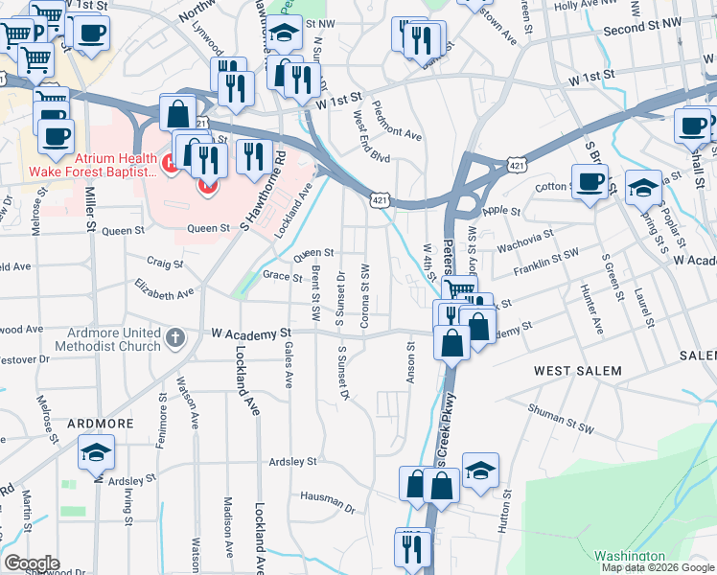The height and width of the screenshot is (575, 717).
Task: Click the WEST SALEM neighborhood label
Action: tap(577, 371)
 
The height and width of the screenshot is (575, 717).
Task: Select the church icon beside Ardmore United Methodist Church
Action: tap(174, 337)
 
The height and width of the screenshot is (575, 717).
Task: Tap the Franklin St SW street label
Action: tap(546, 253)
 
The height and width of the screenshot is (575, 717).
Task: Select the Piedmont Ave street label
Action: tap(397, 122)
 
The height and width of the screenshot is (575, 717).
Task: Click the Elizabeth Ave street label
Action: tap(164, 288)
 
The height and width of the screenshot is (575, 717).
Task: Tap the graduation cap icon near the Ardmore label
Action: tap(97, 451)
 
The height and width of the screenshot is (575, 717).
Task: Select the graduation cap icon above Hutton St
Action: tap(480, 470)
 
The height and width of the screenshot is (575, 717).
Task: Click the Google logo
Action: tap(32, 563)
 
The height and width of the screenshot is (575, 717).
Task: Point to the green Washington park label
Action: tap(629, 556)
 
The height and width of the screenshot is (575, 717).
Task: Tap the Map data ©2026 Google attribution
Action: tap(658, 567)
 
